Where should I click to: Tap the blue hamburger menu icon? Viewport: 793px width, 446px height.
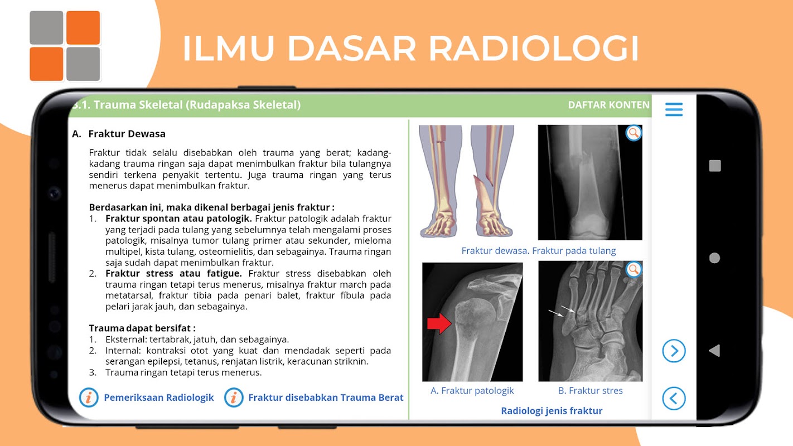tap(674, 109)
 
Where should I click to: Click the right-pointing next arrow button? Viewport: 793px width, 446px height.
tap(674, 351)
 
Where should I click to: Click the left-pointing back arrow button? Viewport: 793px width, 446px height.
tap(674, 398)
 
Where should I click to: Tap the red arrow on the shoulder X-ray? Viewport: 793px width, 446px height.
tap(439, 323)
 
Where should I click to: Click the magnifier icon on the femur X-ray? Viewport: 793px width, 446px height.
tap(634, 133)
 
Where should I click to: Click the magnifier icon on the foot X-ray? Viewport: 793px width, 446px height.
tap(634, 270)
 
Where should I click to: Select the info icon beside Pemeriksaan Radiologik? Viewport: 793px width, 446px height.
tap(89, 397)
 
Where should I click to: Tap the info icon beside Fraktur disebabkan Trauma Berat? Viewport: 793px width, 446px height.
tap(234, 397)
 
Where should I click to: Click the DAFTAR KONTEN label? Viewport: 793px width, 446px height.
tap(608, 105)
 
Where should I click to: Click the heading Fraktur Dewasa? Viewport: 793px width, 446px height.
tap(127, 134)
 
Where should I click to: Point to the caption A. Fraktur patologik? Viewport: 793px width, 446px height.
tap(472, 390)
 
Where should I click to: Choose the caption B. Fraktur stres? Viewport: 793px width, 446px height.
tap(590, 390)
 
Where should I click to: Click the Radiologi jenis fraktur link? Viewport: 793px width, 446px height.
tap(552, 411)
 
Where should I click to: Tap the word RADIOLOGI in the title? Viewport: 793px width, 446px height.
tap(534, 48)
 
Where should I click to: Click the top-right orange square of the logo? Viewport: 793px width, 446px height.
tap(83, 28)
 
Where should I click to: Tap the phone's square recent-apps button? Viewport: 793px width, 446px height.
tap(715, 166)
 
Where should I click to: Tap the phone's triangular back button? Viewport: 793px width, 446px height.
tap(714, 351)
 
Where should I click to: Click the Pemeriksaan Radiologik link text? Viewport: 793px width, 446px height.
tap(158, 397)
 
